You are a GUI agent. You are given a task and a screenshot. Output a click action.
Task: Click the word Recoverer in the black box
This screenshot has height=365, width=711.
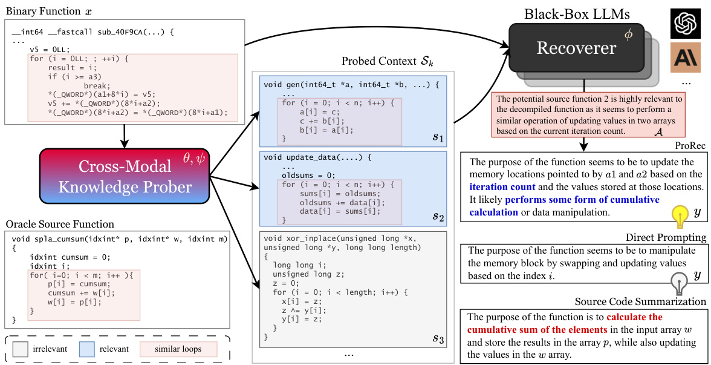pyautogui.click(x=576, y=48)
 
